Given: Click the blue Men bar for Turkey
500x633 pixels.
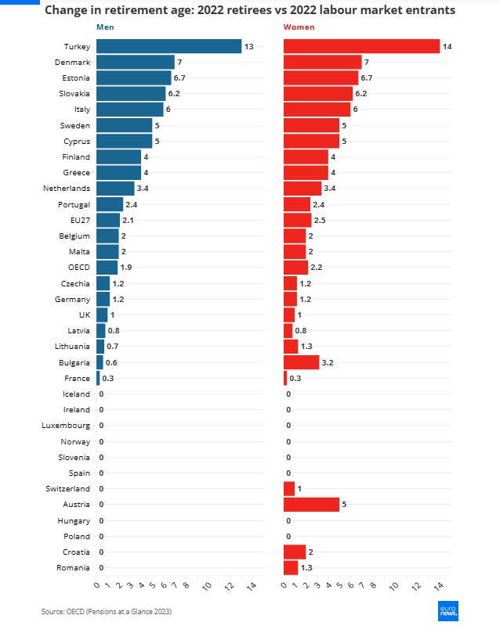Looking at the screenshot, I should click(x=168, y=46).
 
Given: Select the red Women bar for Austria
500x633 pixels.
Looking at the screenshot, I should click(x=311, y=505).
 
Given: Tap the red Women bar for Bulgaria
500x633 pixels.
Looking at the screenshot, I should click(x=301, y=362).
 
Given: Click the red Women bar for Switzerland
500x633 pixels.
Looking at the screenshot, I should click(x=289, y=489).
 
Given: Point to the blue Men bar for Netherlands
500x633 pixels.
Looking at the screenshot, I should click(x=115, y=189).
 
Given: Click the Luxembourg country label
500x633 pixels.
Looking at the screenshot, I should click(x=66, y=426).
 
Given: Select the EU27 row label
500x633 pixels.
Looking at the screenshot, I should click(x=78, y=220).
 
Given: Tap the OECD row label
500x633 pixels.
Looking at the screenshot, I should click(x=78, y=268).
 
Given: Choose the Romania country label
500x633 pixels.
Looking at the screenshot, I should click(x=73, y=568).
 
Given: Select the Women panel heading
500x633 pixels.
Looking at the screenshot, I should click(x=298, y=27).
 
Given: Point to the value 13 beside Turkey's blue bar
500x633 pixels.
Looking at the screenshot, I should click(x=248, y=47).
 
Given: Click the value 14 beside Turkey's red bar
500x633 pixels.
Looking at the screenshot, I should click(x=447, y=47).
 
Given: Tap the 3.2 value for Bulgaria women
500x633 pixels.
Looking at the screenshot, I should click(x=328, y=363).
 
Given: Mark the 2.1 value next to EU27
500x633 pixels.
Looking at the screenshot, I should click(x=128, y=221).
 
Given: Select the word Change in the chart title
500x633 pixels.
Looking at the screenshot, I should click(x=68, y=11).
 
